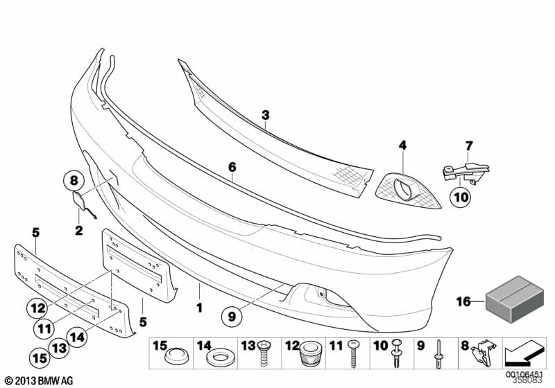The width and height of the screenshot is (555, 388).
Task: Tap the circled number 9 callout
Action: tap(233, 316)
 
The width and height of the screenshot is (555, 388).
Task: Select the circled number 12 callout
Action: tap(40, 306)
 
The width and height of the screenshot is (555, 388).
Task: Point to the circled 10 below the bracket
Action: tap(460, 197)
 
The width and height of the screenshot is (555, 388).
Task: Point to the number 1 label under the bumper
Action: tap(199, 306)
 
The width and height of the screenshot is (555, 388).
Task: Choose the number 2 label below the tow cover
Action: tap(78, 231)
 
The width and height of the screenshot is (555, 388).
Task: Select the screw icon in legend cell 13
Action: tap(264, 358)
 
